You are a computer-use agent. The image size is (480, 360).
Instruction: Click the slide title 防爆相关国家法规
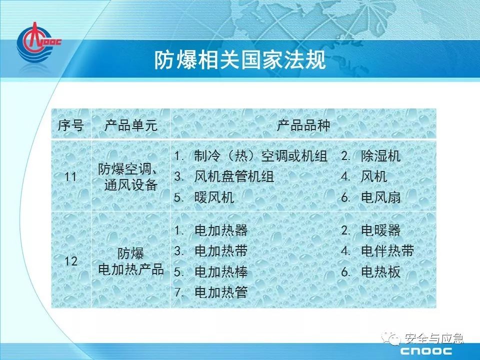click(x=239, y=59)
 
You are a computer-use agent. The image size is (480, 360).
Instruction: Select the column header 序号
click(x=70, y=125)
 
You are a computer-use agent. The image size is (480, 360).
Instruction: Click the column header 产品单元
click(x=130, y=125)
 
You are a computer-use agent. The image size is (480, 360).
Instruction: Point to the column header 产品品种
click(x=303, y=125)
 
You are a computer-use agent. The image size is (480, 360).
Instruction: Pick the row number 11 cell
click(x=70, y=176)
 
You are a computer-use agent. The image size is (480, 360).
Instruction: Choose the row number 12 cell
click(x=70, y=261)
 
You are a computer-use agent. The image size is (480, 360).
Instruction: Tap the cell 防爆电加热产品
click(x=130, y=261)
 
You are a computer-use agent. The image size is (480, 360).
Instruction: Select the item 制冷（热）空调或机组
click(x=261, y=156)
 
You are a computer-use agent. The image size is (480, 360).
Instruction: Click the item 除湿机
click(x=381, y=156)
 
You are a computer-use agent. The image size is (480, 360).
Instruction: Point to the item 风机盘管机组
click(x=234, y=176)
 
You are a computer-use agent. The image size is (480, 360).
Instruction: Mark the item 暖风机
click(x=214, y=197)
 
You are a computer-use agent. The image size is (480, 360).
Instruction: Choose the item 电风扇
click(x=381, y=197)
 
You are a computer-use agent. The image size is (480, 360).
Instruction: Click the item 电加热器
click(x=221, y=230)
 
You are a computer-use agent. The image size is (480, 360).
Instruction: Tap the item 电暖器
click(x=381, y=230)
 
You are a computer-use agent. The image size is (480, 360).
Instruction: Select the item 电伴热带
click(x=387, y=251)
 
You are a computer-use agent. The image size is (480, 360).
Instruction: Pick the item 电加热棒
click(x=221, y=272)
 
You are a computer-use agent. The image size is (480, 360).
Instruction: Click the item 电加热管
click(x=221, y=292)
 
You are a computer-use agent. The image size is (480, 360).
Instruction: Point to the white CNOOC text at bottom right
click(x=426, y=351)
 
